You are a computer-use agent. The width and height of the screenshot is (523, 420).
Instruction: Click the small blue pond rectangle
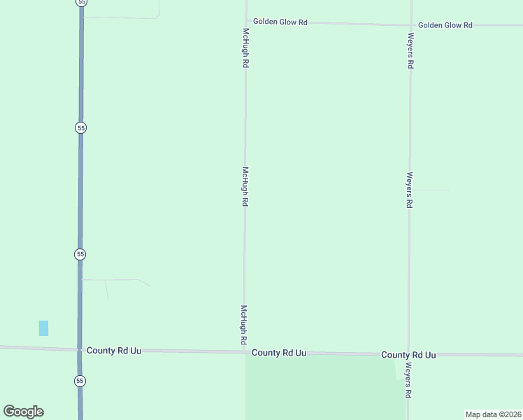pos(43,328)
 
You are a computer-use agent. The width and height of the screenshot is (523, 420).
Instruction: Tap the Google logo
pos(23,412)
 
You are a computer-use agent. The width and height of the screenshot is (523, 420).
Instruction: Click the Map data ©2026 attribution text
pos(494,414)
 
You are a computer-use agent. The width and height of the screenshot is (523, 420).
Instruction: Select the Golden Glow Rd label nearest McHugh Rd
pos(280,22)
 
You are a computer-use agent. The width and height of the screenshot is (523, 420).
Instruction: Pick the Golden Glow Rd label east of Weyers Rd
pos(445,25)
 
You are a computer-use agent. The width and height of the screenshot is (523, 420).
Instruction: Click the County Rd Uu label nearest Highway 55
pos(114,350)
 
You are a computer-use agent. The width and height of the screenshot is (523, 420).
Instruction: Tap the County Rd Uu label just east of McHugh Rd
pos(279,353)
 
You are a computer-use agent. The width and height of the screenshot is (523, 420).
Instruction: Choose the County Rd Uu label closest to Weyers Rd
pos(408,355)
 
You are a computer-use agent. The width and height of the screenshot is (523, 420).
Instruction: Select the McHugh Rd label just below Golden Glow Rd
pos(245,48)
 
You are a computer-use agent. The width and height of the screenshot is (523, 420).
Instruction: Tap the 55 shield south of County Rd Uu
pos(80,381)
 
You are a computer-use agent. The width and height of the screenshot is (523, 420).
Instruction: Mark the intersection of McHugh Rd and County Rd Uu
pos(245,351)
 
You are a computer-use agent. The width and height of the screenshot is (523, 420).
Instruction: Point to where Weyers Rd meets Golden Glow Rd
pos(410,24)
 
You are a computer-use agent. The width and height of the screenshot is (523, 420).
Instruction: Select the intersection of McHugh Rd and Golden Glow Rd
pos(246,21)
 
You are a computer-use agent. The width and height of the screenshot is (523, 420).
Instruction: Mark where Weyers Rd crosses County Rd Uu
pos(409,354)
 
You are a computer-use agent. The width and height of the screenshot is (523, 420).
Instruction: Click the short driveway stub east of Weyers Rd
pos(430,190)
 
